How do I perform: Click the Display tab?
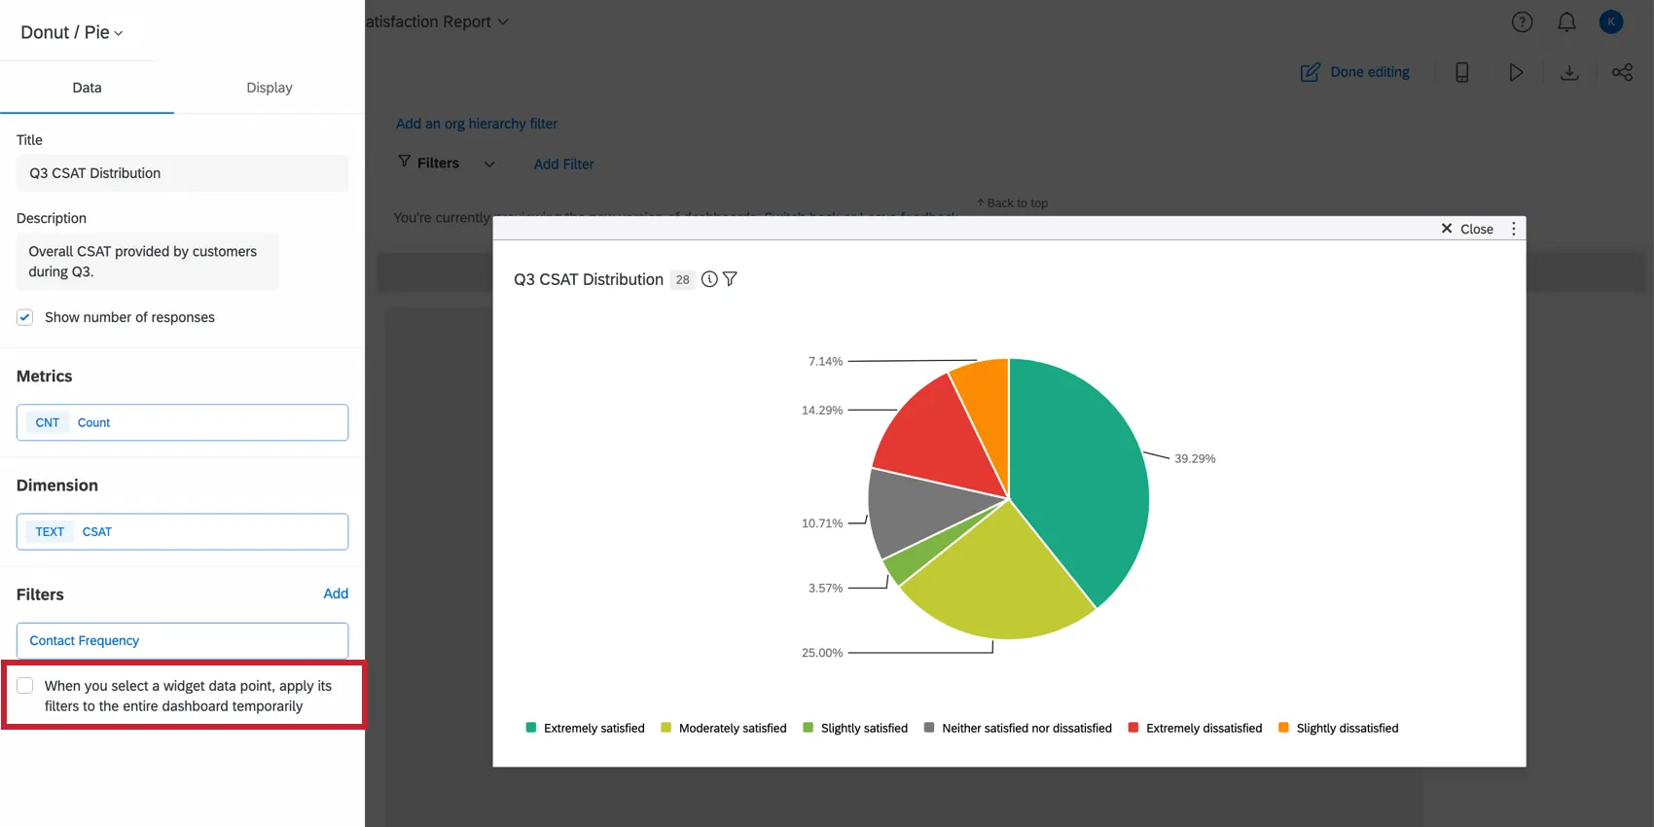[x=270, y=88]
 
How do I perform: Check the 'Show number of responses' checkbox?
[x=25, y=317]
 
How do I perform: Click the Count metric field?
[x=182, y=422]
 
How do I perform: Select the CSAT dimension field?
[x=182, y=531]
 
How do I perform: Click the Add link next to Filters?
[x=336, y=593]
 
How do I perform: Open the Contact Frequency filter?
[x=182, y=640]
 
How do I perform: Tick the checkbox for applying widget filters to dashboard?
[x=25, y=686]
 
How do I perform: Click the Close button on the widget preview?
[x=1467, y=229]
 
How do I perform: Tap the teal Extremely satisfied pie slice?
[x=1080, y=467]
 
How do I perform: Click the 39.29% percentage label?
[x=1195, y=458]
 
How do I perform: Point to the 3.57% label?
[x=825, y=588]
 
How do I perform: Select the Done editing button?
[x=1355, y=72]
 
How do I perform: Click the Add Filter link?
[x=563, y=164]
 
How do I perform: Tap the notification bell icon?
[x=1566, y=22]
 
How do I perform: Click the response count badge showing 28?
[x=683, y=279]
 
